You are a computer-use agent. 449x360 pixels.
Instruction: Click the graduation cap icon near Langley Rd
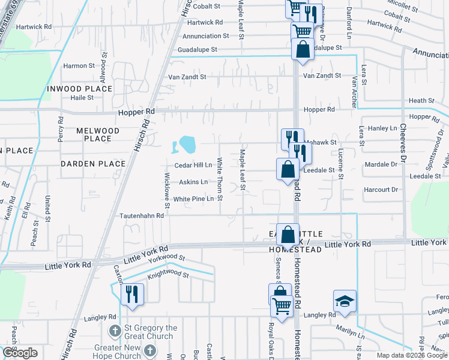pyautogui.click(x=345, y=301)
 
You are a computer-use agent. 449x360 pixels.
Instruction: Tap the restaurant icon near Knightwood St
pyautogui.click(x=132, y=295)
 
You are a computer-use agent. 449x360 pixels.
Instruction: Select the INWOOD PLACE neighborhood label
pyautogui.click(x=79, y=89)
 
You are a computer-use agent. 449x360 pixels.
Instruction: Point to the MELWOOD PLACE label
pyautogui.click(x=94, y=134)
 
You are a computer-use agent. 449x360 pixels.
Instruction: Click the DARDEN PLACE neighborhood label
pyautogui.click(x=93, y=163)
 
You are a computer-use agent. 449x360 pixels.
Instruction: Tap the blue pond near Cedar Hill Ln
pyautogui.click(x=186, y=144)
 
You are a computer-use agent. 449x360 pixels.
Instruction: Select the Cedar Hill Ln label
pyautogui.click(x=193, y=165)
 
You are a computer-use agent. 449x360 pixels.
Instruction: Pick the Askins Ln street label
pyautogui.click(x=193, y=182)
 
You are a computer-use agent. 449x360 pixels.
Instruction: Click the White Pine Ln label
pyautogui.click(x=193, y=199)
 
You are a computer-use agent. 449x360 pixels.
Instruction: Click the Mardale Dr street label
pyautogui.click(x=381, y=164)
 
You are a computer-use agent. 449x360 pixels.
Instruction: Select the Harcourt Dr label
pyautogui.click(x=381, y=190)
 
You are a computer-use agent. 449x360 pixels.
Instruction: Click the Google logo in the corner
pyautogui.click(x=20, y=353)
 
